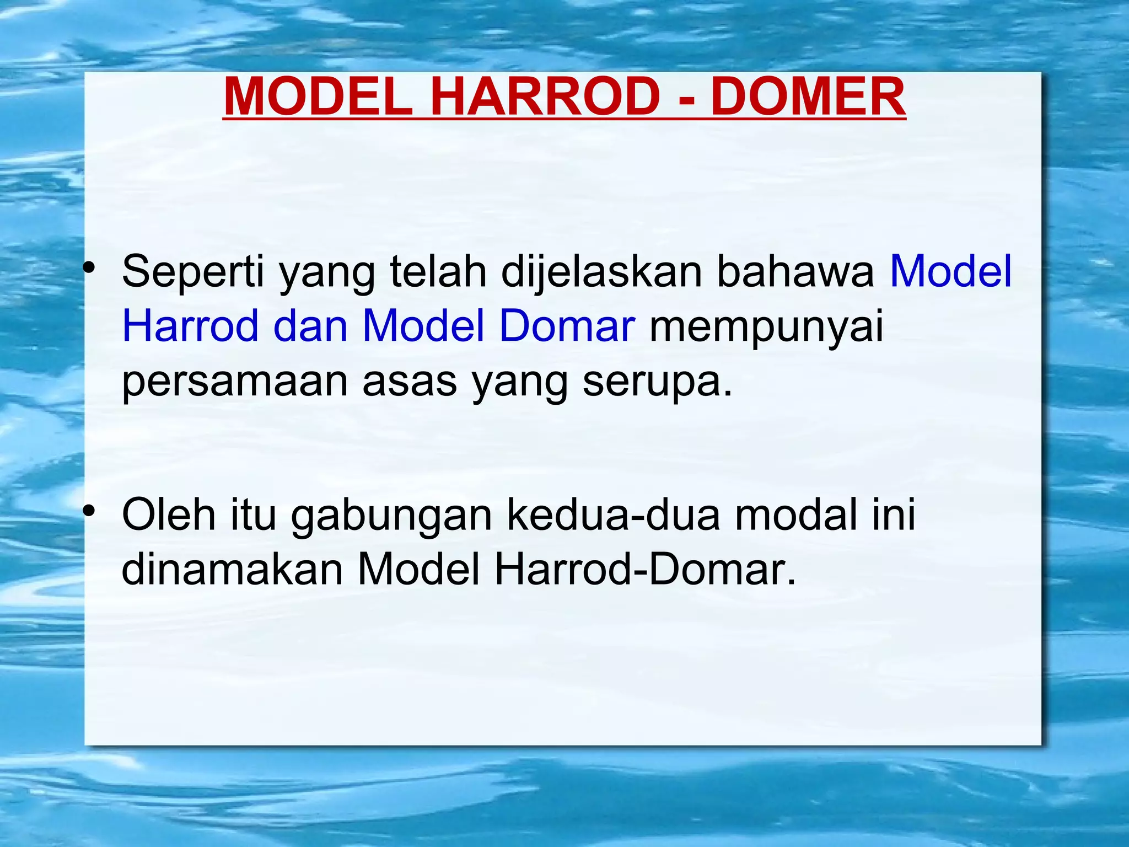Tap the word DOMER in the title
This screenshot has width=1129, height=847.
tap(808, 97)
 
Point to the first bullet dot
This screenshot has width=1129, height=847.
tap(89, 269)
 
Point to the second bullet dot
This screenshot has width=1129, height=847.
tap(89, 511)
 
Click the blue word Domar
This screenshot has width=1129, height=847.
tap(567, 325)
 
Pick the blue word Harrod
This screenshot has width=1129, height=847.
tap(190, 325)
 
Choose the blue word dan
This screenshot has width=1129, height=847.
tap(310, 325)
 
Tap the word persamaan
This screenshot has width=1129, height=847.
tap(235, 382)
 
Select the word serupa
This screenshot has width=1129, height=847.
tap(657, 382)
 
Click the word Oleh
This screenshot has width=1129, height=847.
tap(169, 514)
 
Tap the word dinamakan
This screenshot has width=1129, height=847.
tap(232, 569)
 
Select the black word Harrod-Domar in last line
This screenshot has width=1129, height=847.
tap(645, 569)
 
